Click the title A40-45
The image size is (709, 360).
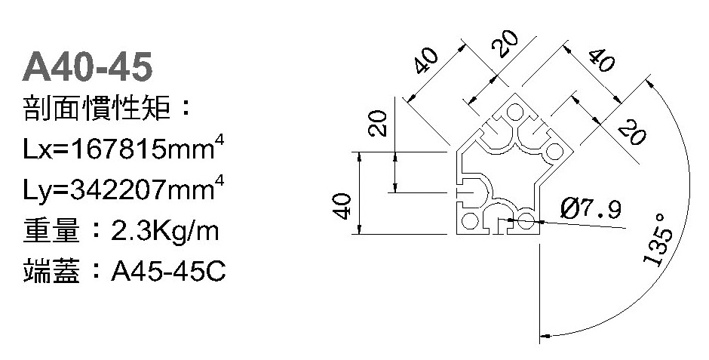(x=87, y=66)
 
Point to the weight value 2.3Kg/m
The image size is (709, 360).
(x=165, y=231)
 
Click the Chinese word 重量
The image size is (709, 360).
(x=51, y=230)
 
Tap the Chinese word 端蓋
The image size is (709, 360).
(x=51, y=271)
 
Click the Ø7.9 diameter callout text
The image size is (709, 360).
(x=591, y=209)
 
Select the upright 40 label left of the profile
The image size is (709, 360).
(x=342, y=206)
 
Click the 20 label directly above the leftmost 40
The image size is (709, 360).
(x=378, y=124)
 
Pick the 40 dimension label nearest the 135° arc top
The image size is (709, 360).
(x=601, y=60)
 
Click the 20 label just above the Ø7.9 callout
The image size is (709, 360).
(x=631, y=132)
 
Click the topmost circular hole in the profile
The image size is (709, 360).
(x=514, y=112)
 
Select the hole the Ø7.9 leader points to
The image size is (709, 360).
(x=526, y=221)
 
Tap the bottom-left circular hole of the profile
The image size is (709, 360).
(x=470, y=221)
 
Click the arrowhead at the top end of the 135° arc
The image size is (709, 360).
(x=650, y=84)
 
